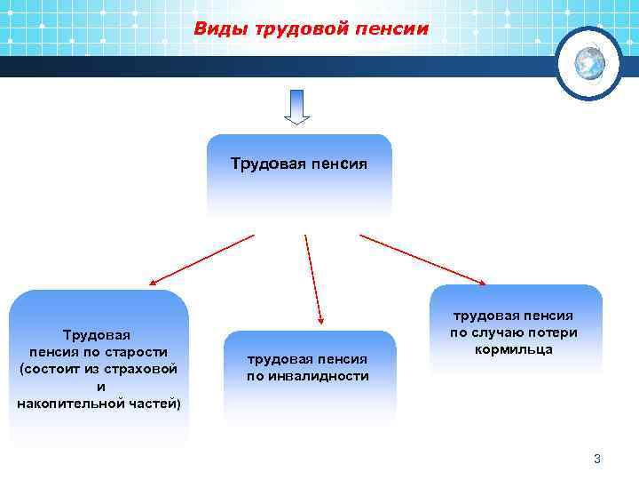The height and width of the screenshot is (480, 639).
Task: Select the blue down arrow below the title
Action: pyautogui.click(x=296, y=108)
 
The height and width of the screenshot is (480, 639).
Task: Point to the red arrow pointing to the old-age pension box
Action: pyautogui.click(x=201, y=260)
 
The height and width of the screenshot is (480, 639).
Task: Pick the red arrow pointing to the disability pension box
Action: pyautogui.click(x=313, y=277)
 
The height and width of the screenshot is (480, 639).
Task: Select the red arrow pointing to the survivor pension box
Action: pyautogui.click(x=422, y=260)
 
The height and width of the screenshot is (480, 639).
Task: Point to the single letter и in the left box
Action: pyautogui.click(x=99, y=387)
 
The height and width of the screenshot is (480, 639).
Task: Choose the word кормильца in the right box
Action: pyautogui.click(x=514, y=349)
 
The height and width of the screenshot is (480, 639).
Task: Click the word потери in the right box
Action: pyautogui.click(x=555, y=332)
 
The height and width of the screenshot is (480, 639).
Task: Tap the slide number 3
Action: pyautogui.click(x=597, y=459)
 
